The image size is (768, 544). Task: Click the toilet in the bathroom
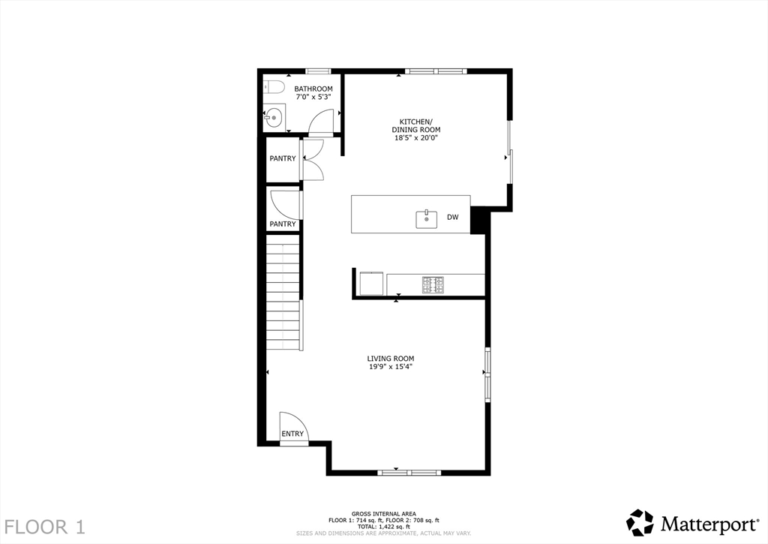[274, 87]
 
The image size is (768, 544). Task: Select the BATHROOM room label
[313, 89]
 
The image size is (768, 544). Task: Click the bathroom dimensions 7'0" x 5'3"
[313, 97]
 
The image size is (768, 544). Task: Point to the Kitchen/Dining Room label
[415, 125]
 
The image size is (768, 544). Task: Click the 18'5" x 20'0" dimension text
[415, 138]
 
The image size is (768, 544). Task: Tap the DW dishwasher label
[452, 217]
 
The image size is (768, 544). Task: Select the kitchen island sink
[427, 219]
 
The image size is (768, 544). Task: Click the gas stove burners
[433, 285]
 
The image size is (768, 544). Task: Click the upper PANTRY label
[283, 158]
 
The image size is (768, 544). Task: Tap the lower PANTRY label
[283, 224]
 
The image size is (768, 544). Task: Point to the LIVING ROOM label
[391, 358]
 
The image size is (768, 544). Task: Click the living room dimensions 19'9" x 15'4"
[391, 367]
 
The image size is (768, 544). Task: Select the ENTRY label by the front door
[292, 434]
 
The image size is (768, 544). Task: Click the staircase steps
[283, 292]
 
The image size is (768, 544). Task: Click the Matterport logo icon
[640, 523]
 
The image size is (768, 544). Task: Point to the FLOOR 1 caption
[44, 527]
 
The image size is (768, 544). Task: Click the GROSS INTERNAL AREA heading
[383, 514]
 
